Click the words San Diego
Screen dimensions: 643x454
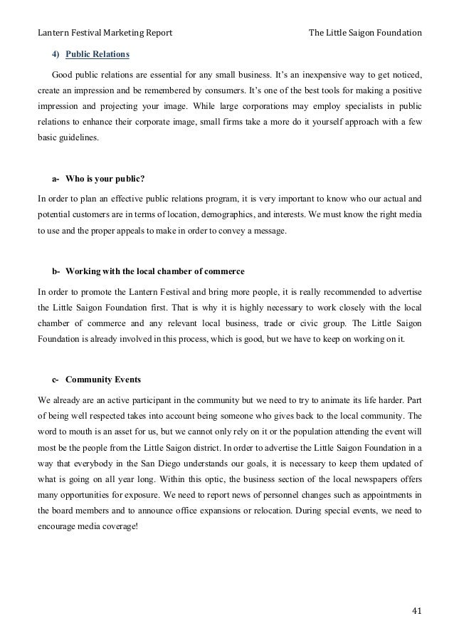pyautogui.click(x=156, y=468)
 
